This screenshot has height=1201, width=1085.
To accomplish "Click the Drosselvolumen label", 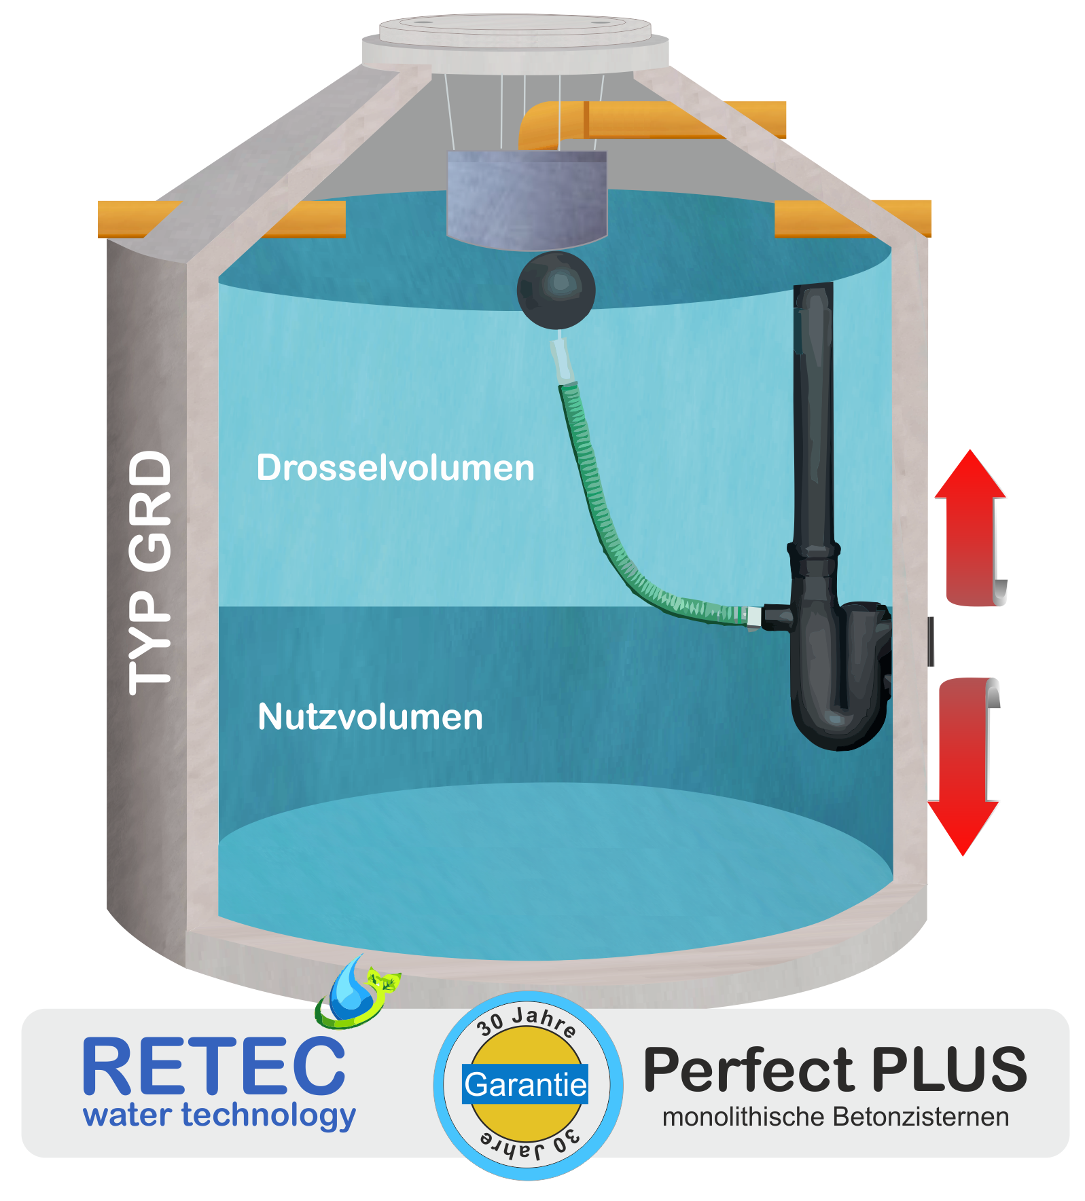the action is point(395,468).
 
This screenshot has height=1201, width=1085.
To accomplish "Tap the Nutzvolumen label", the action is point(370,717).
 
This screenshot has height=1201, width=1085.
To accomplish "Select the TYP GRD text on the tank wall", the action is point(150,572).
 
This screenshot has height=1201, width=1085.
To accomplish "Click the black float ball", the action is point(556,291).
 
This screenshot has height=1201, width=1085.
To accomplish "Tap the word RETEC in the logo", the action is point(213,1067).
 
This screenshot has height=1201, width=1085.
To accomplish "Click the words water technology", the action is point(219,1115).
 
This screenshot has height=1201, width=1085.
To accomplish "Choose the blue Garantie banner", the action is point(525,1085).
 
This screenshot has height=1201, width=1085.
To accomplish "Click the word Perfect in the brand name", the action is point(748,1069).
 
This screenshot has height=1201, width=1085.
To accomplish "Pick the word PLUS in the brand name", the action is point(949,1069).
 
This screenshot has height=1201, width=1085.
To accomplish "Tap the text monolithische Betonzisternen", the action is point(836,1117).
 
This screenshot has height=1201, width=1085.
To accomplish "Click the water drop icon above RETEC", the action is point(350,990).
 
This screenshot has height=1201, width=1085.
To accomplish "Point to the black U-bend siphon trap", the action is point(841,679).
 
